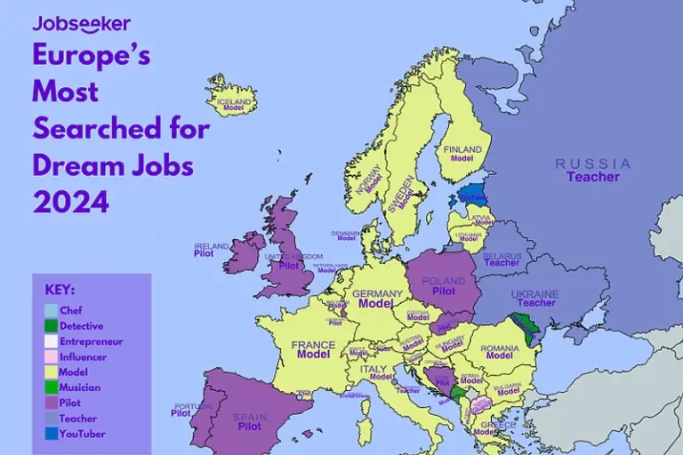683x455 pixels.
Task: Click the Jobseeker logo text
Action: pos(81,23)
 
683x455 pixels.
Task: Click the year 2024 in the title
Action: pos(71,202)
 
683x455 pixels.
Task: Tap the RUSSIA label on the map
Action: pos(593,164)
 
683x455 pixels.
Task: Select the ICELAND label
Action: pos(235,102)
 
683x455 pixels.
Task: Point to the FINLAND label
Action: pos(462,149)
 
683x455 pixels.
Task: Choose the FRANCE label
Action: pos(313,345)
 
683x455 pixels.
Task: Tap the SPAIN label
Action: pos(250,417)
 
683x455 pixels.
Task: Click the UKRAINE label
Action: pos(535,294)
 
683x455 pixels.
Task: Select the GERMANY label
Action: pos(377,293)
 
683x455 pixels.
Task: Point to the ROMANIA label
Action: pos(499,347)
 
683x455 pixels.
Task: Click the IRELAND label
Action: pos(212,246)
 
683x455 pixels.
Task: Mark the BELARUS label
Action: pos(502,256)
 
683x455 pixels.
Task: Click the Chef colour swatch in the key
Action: pos(52,311)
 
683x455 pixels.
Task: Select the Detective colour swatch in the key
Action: pos(52,326)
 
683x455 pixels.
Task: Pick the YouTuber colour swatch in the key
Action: pos(52,434)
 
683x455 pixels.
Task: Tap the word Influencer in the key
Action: pos(83,357)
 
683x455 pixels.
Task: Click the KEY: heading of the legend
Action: pos(60,290)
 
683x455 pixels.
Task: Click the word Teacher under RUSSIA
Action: pos(593,177)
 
